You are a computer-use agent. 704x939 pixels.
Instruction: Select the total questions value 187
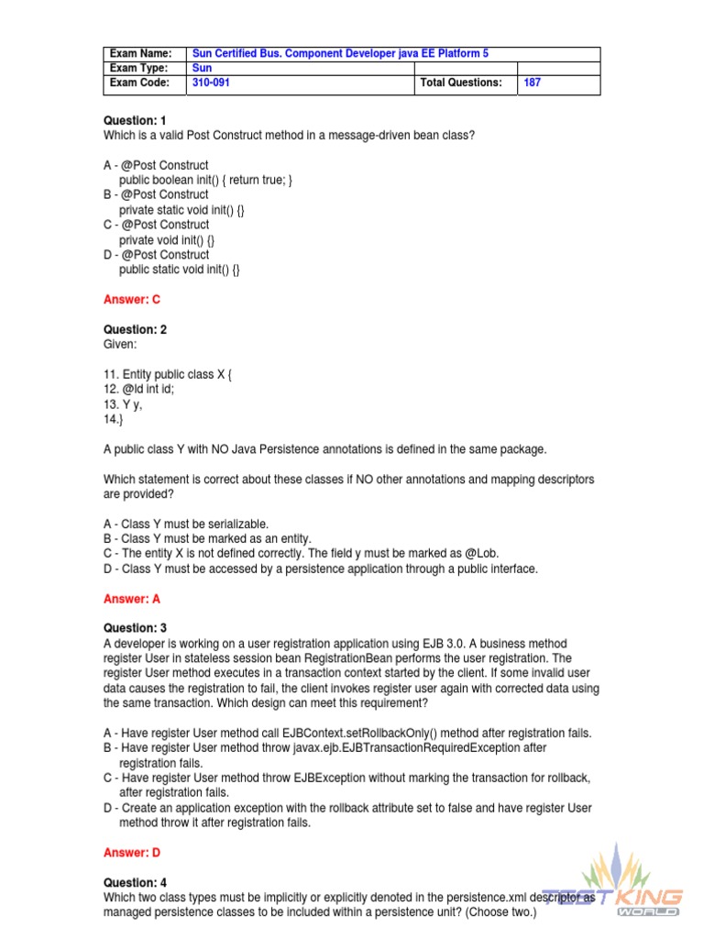(532, 83)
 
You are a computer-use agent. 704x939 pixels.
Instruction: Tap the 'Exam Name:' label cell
(140, 54)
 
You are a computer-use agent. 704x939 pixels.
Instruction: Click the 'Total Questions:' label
(461, 83)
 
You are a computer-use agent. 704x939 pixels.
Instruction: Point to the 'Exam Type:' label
(139, 68)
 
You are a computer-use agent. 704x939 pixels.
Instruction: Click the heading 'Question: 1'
(135, 121)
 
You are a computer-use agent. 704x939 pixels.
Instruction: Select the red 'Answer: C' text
(132, 300)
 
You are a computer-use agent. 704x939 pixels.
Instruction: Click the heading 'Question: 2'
(135, 329)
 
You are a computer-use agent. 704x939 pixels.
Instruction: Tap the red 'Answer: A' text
(132, 599)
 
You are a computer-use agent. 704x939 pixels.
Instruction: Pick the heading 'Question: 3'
(135, 628)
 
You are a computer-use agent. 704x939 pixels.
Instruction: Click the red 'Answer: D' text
(132, 853)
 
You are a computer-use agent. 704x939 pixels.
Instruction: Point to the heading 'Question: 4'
(135, 882)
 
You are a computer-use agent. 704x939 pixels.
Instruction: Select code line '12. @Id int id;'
(138, 389)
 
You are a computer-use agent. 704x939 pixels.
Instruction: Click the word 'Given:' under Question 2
(120, 344)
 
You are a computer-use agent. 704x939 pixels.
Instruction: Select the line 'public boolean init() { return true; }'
(205, 180)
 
